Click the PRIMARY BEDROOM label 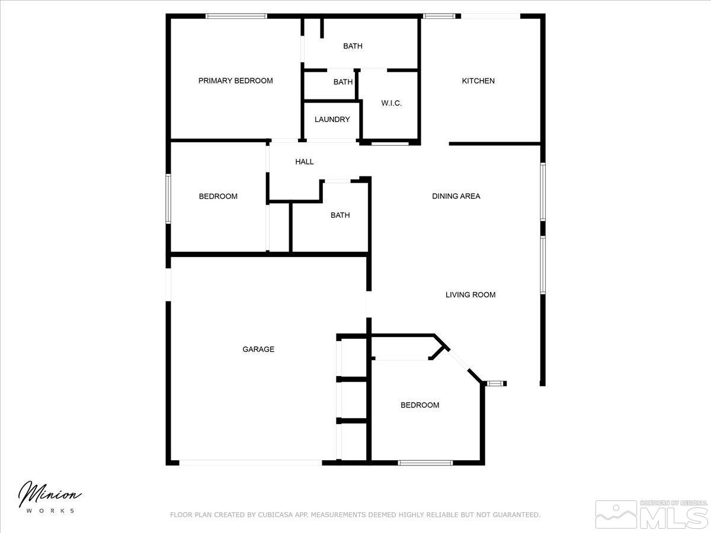point(235,81)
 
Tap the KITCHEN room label point(478,81)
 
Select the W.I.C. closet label point(391,103)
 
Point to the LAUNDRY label point(332,119)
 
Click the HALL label point(305,162)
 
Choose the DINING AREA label point(456,196)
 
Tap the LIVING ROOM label point(470,294)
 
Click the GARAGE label point(258,349)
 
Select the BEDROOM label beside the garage point(419,405)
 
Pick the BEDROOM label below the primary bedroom point(218,196)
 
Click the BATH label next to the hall point(340,215)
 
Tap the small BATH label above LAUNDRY point(342,82)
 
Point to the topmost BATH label point(353,46)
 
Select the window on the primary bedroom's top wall point(236,16)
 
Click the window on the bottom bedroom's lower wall point(425,463)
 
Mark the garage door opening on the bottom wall point(251,463)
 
